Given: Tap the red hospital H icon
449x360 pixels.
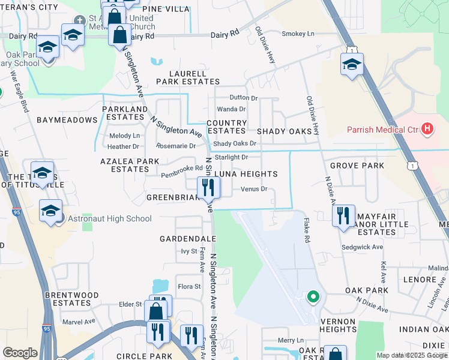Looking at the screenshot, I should pyautogui.click(x=427, y=128).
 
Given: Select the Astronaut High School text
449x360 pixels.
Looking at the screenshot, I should pyautogui.click(x=110, y=218).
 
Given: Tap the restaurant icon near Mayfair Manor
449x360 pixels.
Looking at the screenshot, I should pyautogui.click(x=343, y=215).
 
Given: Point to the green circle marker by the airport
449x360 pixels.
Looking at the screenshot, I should pyautogui.click(x=312, y=296).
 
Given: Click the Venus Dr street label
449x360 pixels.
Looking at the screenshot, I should pyautogui.click(x=253, y=190).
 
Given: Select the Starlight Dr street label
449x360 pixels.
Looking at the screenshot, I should pyautogui.click(x=231, y=157).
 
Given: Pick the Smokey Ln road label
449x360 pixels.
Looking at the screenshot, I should pyautogui.click(x=298, y=34).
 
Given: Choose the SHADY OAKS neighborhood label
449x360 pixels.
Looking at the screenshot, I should pyautogui.click(x=284, y=131).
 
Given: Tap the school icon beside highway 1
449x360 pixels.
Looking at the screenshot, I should pyautogui.click(x=352, y=64).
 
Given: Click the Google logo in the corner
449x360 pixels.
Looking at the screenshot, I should pyautogui.click(x=20, y=353).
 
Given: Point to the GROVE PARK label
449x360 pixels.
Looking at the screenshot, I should pyautogui.click(x=357, y=166).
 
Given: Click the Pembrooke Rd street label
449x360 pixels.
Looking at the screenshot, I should pyautogui.click(x=182, y=175).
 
